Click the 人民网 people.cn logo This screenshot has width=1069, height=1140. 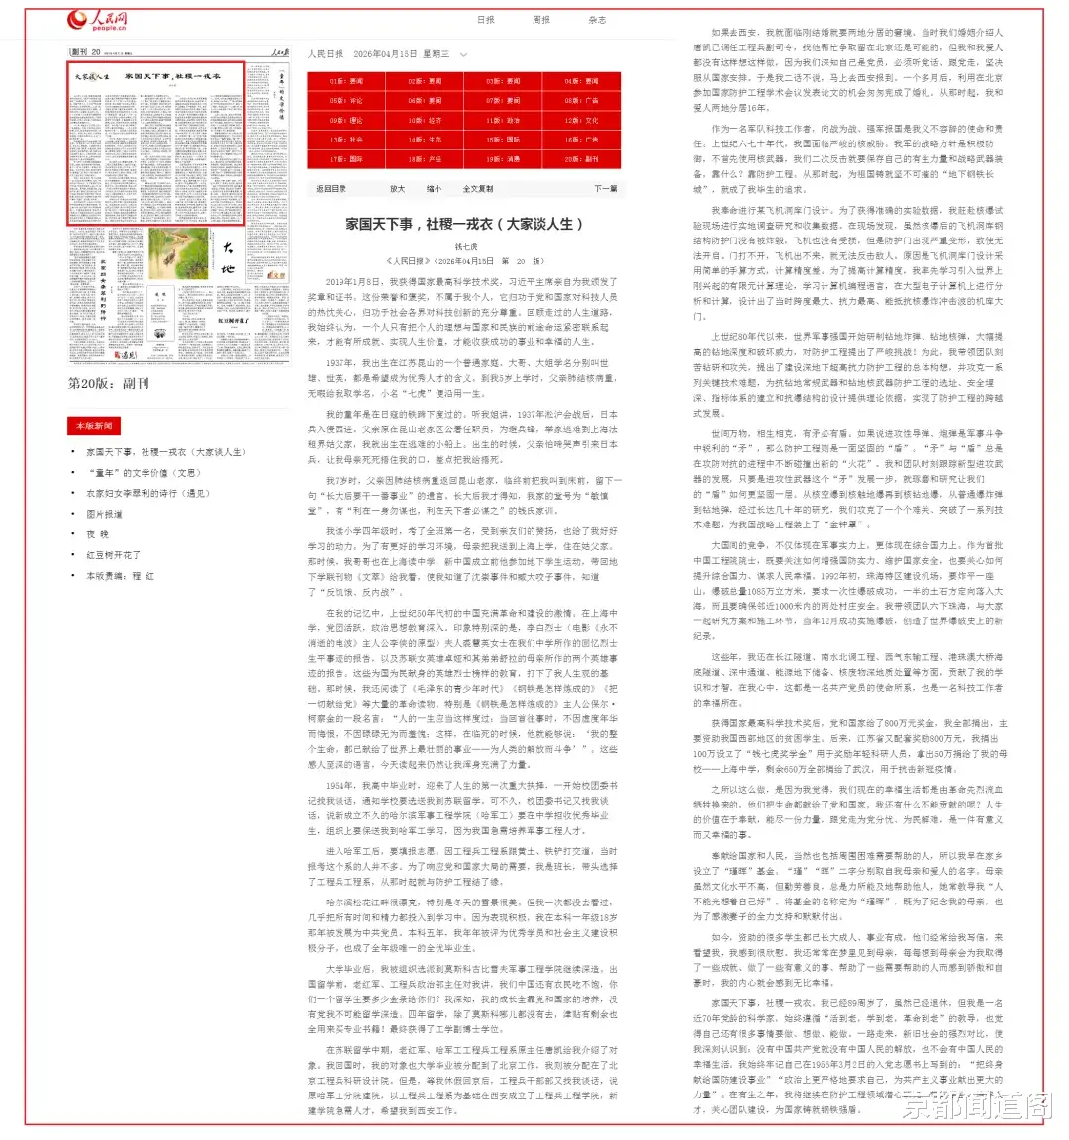[96, 20]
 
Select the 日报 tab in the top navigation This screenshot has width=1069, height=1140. [485, 20]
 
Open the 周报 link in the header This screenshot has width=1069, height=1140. [540, 20]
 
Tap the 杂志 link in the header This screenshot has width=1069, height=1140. [596, 20]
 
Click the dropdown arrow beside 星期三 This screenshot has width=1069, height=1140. [462, 54]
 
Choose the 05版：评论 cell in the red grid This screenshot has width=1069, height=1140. [345, 101]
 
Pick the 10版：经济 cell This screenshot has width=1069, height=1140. [425, 120]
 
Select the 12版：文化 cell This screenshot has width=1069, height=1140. [581, 120]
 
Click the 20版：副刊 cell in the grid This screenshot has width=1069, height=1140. [581, 158]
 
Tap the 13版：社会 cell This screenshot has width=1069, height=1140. [345, 140]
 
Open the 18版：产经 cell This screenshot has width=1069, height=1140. [425, 158]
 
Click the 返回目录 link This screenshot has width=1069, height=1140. [331, 189]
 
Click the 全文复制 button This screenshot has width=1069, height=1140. [477, 189]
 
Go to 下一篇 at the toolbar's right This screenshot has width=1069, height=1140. [605, 189]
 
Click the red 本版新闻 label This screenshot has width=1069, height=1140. [94, 426]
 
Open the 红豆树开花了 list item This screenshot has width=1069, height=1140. [113, 555]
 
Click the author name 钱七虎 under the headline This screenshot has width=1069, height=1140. [465, 247]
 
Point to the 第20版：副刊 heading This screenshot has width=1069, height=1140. [108, 383]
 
